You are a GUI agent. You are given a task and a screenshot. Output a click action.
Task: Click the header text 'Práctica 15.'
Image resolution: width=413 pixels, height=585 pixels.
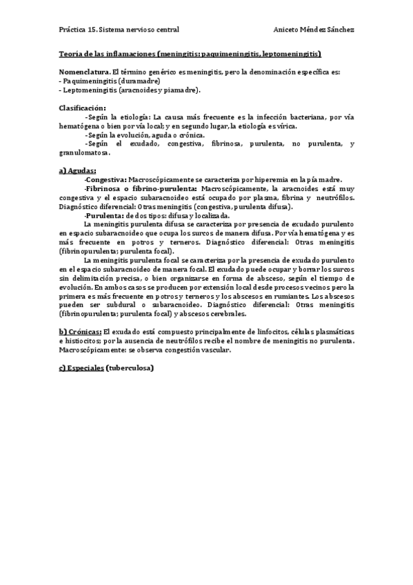[78, 30]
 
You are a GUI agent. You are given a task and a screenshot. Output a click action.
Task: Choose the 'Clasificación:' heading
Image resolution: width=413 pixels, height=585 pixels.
[82, 108]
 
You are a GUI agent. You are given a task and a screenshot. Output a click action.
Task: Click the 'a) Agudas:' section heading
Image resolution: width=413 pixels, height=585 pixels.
[77, 170]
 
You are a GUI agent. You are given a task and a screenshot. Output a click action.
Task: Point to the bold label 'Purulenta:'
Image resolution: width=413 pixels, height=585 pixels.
[104, 215]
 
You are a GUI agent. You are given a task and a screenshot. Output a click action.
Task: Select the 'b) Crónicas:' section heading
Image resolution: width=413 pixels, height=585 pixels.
[80, 332]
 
